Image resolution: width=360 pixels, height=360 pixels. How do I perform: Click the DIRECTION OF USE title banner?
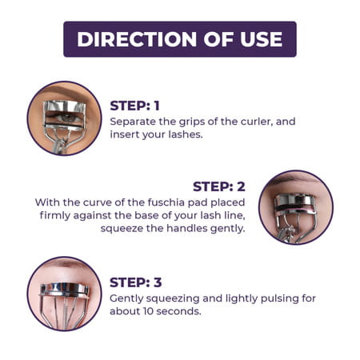(x=180, y=39)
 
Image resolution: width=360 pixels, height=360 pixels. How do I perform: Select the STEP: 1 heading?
(x=135, y=105)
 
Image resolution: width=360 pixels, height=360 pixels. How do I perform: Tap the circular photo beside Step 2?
(x=295, y=207)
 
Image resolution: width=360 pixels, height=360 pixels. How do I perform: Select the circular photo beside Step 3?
(x=64, y=294)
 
